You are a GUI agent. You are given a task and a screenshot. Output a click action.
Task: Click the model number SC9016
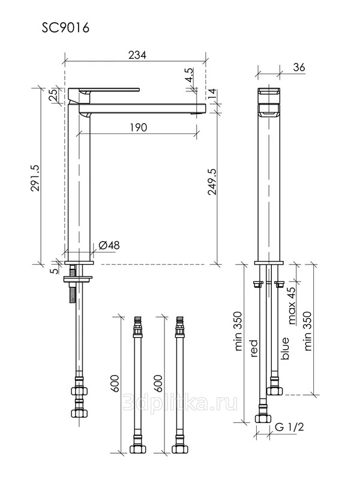[65, 28]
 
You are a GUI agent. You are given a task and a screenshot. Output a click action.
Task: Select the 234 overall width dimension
[137, 55]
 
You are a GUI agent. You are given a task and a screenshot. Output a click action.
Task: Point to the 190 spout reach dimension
[139, 127]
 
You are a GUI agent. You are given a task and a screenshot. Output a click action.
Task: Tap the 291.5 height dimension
[35, 178]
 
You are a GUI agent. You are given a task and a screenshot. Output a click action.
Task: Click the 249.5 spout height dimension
[212, 182]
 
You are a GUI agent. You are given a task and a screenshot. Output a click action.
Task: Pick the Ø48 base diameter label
[109, 245]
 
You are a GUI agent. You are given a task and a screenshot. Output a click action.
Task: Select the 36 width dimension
[299, 67]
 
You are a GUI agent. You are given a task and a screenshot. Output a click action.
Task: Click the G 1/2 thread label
[289, 427]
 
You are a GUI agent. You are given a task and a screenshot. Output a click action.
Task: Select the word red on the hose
[254, 349]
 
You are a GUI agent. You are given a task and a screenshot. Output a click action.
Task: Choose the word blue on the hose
[284, 349]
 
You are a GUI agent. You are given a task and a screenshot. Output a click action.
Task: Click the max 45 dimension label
[292, 305]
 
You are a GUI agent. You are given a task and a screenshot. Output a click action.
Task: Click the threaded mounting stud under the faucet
[72, 284]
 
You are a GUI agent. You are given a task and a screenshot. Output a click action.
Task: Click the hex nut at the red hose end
[263, 418]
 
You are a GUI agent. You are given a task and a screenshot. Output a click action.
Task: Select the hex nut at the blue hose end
[275, 391]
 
